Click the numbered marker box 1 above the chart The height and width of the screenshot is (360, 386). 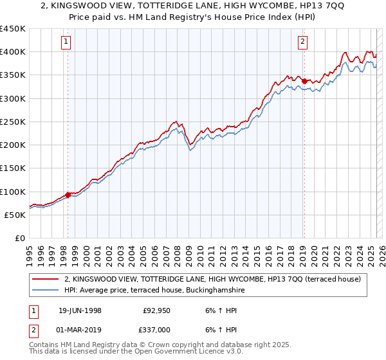tap(67, 42)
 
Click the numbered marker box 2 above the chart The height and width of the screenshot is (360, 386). tap(303, 42)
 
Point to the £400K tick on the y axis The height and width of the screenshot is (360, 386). tap(13, 52)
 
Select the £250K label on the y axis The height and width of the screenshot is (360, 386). tap(13, 122)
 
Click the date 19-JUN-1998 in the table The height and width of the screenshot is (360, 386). tap(80, 310)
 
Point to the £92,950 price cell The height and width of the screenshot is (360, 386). tap(157, 310)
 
